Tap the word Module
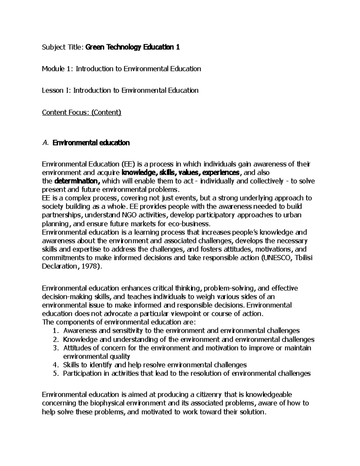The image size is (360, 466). (53, 69)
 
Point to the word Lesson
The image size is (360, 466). (52, 90)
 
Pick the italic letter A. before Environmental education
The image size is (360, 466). (45, 143)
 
